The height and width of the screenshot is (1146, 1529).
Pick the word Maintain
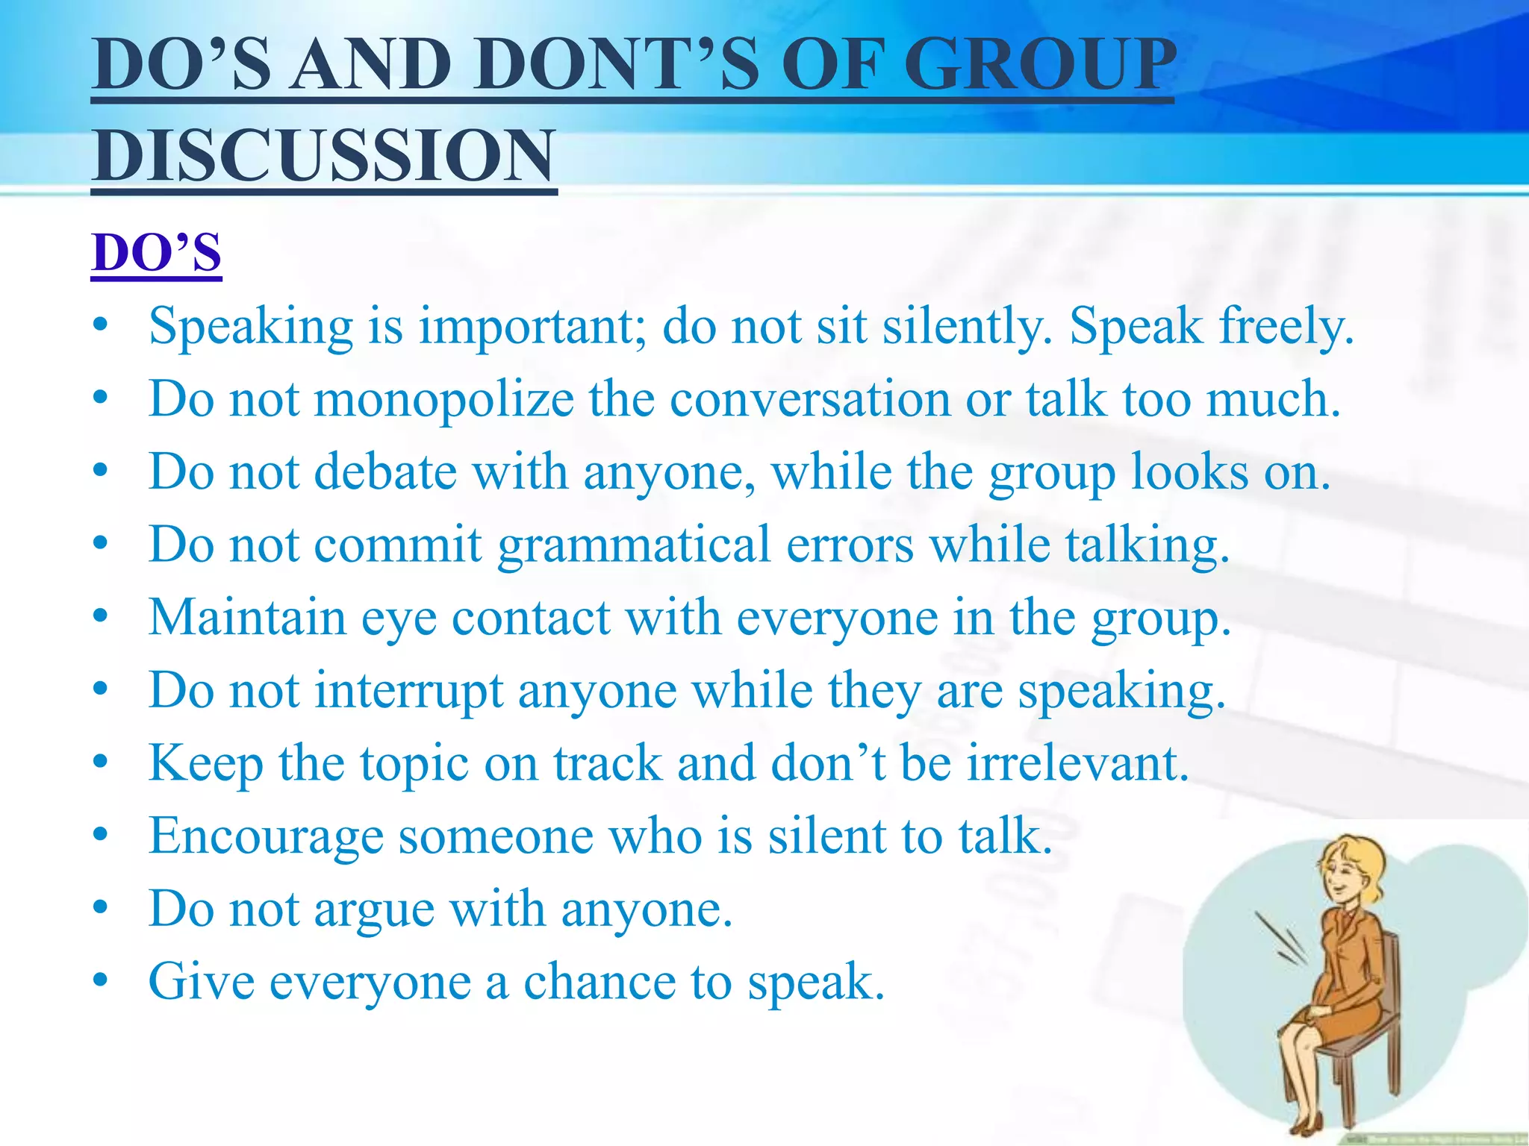[x=247, y=619]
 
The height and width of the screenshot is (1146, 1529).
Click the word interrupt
[x=408, y=691]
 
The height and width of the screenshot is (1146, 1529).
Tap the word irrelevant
[x=1078, y=764]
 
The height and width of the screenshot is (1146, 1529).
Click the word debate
[x=385, y=472]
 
